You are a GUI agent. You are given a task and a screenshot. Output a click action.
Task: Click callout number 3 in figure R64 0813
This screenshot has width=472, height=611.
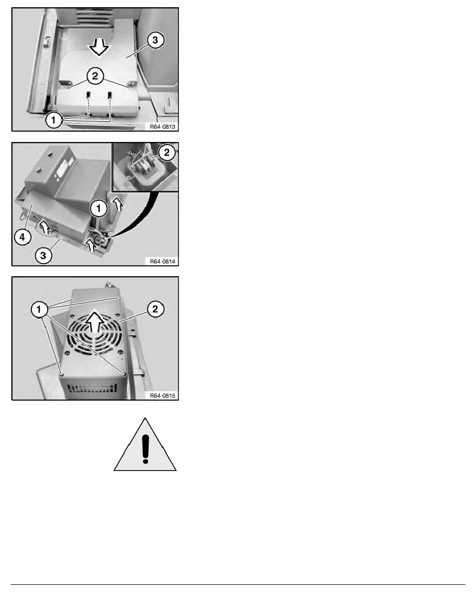tap(155, 40)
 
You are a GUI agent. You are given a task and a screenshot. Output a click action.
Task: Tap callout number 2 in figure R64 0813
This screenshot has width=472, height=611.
tap(95, 76)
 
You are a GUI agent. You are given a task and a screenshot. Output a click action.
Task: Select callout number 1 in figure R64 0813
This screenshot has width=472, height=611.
tap(54, 120)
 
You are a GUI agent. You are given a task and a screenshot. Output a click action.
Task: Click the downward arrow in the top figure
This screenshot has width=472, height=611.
tap(99, 48)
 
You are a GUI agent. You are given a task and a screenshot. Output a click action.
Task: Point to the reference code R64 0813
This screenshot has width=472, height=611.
tap(162, 126)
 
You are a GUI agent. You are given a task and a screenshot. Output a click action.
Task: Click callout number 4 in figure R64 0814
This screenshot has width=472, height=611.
tap(23, 237)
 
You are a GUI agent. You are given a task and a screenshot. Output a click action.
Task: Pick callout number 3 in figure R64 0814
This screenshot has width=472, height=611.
tap(43, 256)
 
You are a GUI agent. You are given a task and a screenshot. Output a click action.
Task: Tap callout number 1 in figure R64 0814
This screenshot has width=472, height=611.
tap(99, 209)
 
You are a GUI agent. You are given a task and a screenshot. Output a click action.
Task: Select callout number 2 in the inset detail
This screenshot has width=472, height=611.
tap(167, 153)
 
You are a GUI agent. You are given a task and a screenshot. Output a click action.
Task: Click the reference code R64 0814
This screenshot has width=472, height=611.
tap(162, 261)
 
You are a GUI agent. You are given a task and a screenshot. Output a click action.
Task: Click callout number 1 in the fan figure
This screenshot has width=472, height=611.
tap(39, 310)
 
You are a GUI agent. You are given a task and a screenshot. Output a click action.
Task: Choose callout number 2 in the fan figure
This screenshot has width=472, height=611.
tap(155, 310)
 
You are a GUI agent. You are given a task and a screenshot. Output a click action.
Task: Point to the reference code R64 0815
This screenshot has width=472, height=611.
tap(162, 396)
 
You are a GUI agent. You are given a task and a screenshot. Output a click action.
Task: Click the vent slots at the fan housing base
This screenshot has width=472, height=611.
tap(92, 388)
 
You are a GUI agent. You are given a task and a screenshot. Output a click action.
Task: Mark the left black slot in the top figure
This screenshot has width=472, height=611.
tap(88, 95)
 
